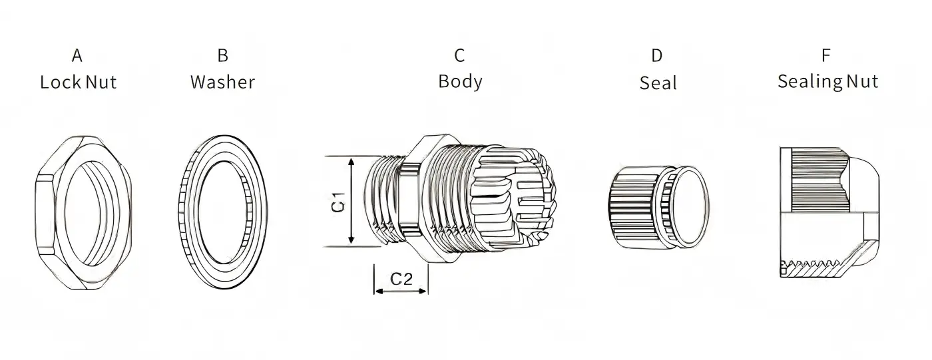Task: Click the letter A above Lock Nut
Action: coord(77,55)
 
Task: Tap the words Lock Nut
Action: coord(79,82)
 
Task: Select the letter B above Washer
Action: coord(222,55)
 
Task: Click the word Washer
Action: coord(222,82)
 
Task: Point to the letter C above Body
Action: coord(459,55)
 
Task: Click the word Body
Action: coord(460,82)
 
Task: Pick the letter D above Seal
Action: coord(656,55)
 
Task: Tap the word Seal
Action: coord(658,83)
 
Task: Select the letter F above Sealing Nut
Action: coord(826,55)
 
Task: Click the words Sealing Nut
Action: coord(828,82)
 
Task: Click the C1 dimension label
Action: coord(339,202)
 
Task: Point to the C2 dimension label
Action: coord(401,279)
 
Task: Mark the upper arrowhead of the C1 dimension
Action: coord(351,162)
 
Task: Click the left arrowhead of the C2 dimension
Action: coord(379,291)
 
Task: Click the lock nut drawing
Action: coord(83,212)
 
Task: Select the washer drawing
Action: coord(222,212)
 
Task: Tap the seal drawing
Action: coord(659,208)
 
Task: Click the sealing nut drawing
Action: coord(829,212)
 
